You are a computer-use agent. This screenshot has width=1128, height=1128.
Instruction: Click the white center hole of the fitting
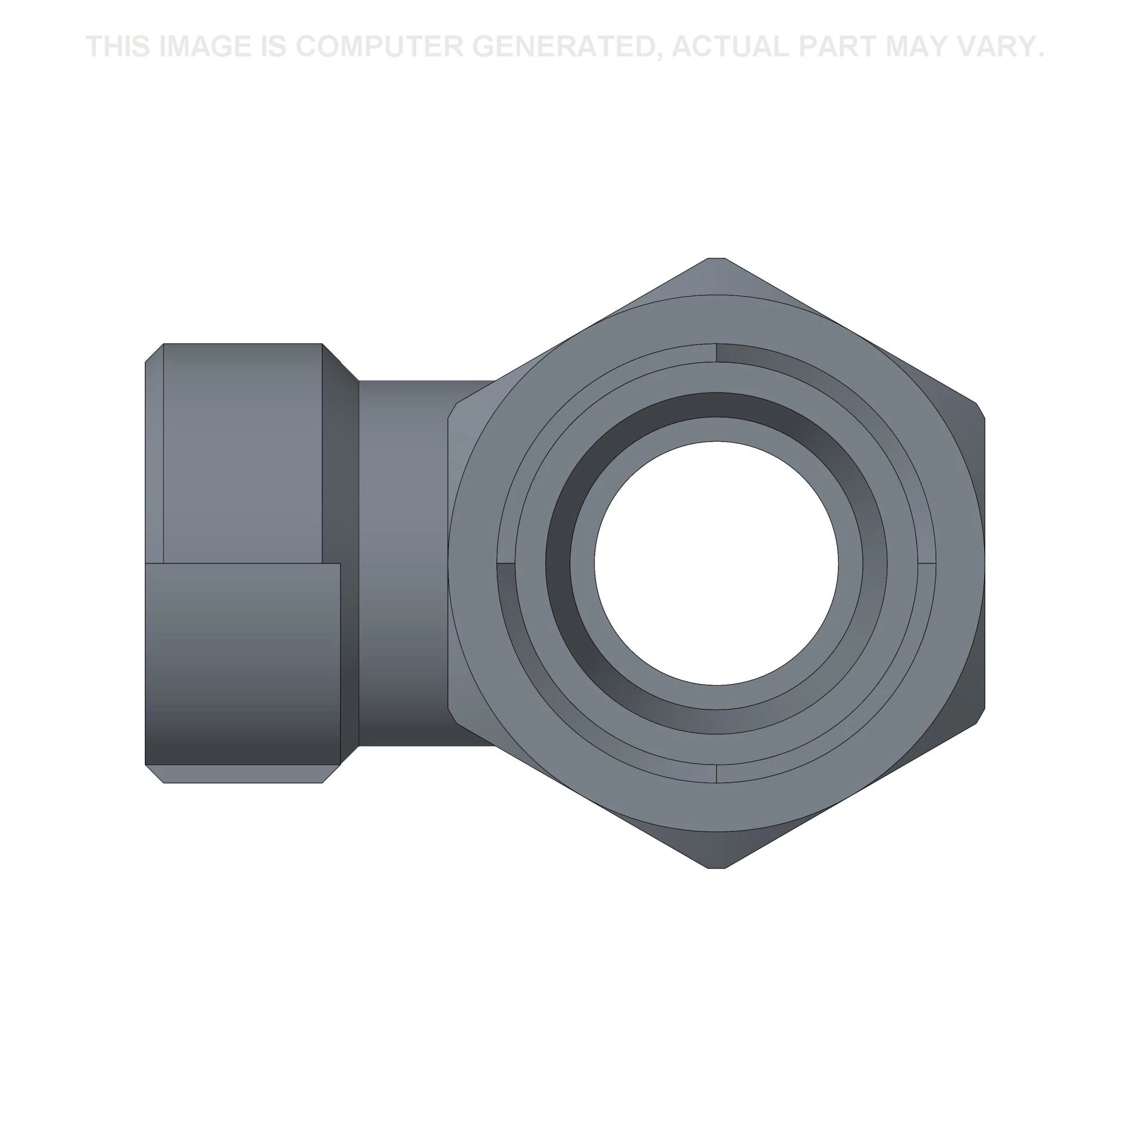click(716, 563)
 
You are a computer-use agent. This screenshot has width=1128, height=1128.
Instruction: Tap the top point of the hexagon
click(716, 259)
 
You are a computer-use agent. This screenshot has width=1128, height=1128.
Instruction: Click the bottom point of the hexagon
click(716, 867)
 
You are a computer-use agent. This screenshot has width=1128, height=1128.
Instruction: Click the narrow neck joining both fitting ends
click(403, 563)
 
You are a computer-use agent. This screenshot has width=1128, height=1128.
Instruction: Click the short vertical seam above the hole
click(716, 352)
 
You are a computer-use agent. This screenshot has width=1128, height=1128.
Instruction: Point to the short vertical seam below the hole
click(716, 773)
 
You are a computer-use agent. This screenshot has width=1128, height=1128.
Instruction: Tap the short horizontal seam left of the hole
click(505, 564)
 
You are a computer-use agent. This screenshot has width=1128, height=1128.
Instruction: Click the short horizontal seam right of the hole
click(927, 564)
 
